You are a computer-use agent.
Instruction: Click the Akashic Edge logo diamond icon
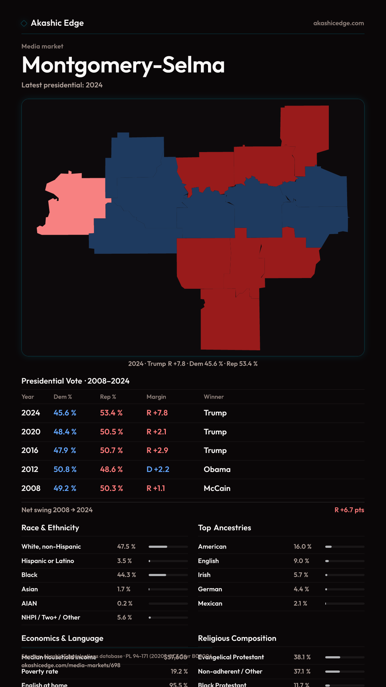pos(24,23)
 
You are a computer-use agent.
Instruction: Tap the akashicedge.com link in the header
pos(338,23)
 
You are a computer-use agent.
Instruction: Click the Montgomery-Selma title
pos(123,65)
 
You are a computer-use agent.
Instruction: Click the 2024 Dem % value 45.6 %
pos(65,413)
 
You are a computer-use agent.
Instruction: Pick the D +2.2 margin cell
pos(158,469)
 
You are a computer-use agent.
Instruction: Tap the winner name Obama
pos(217,469)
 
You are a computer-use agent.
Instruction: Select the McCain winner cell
pos(217,488)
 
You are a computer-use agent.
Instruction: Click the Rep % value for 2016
pos(111,450)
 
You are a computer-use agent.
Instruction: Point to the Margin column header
pos(156,397)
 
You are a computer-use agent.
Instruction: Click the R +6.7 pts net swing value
pos(349,510)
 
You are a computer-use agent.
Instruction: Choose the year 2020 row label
pos(31,432)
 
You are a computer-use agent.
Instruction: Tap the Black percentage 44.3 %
pos(127,575)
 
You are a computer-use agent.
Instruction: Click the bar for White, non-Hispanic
pos(168,547)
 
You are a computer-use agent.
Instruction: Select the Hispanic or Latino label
pos(48,561)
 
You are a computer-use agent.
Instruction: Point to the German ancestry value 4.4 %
pos(301,589)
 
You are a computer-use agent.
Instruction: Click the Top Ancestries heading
pos(224,528)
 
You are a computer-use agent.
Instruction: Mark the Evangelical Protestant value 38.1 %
pos(302,657)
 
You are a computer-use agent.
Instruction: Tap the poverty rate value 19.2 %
pos(179,672)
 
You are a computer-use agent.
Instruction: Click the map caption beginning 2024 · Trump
pos(193,364)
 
